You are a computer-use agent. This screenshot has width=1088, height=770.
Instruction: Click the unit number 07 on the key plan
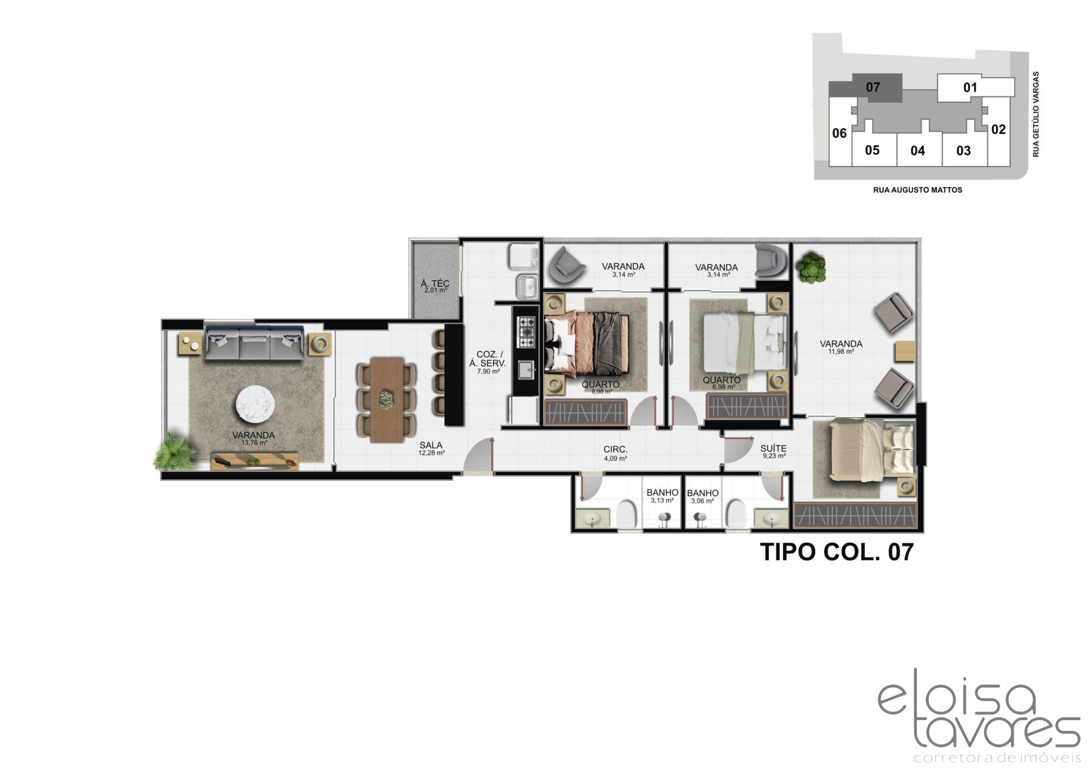[x=873, y=87]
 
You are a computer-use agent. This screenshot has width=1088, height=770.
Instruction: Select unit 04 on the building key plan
[x=917, y=150]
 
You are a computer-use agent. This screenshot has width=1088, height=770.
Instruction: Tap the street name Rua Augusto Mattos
[x=917, y=190]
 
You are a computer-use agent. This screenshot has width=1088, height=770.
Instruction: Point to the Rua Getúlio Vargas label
[x=1036, y=114]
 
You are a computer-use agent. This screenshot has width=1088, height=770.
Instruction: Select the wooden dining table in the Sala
[x=386, y=399]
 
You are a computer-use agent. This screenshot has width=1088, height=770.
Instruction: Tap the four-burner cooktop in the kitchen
[x=526, y=332]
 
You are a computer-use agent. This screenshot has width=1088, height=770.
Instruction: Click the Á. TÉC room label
[x=435, y=283]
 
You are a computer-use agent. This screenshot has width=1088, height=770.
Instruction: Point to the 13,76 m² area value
[x=253, y=443]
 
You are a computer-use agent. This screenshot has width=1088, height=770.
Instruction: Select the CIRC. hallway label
[x=615, y=450]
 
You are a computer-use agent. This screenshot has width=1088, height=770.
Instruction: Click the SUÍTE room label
[x=773, y=449]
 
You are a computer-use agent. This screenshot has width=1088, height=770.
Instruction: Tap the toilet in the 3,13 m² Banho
[x=627, y=514]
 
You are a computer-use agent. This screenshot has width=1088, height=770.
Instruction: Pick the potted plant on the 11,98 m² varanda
[x=811, y=267]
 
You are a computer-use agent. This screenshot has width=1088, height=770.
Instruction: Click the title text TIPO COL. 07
[x=836, y=552]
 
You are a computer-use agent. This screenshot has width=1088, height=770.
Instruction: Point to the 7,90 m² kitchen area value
[x=488, y=371]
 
